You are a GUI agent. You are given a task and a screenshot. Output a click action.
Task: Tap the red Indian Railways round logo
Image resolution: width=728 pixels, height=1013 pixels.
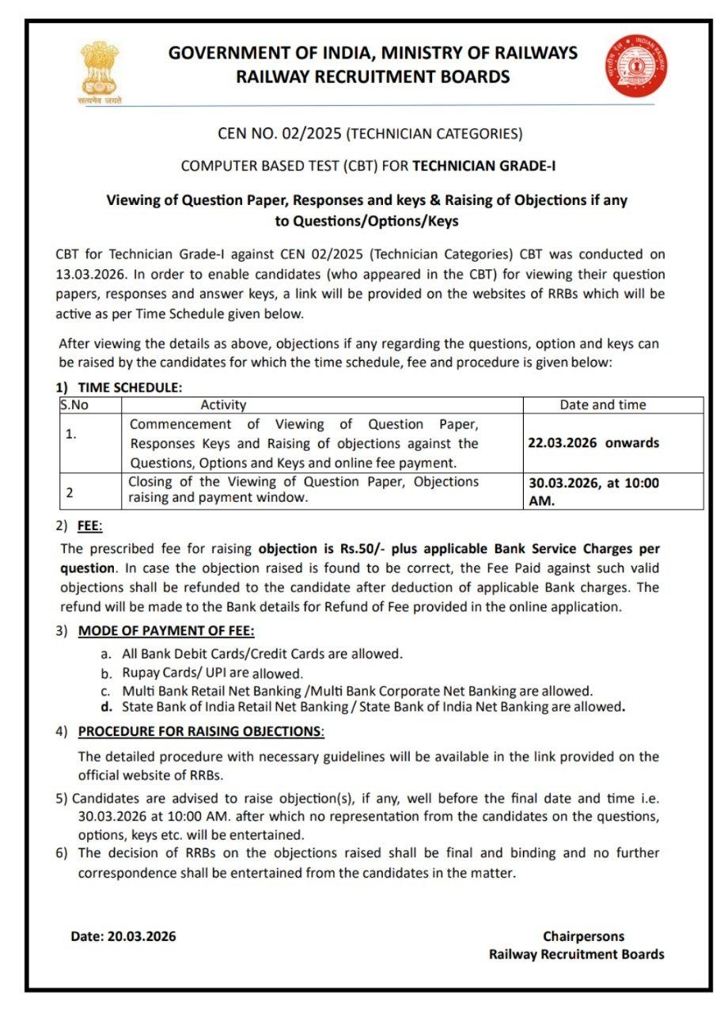[636, 65]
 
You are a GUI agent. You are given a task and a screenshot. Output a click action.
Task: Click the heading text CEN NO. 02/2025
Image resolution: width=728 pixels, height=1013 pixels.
[280, 134]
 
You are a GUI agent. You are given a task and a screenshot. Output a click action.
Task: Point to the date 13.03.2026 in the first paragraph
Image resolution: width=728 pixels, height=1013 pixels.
[87, 274]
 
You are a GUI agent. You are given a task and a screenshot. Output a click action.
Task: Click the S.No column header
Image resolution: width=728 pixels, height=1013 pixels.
[74, 405]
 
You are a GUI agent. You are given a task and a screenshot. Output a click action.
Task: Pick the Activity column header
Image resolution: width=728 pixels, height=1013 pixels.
[223, 405]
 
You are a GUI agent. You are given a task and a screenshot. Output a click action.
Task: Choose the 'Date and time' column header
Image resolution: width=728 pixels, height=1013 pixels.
[602, 405]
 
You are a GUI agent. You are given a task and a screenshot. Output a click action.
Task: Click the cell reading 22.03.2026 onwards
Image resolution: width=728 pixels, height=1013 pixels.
[593, 443]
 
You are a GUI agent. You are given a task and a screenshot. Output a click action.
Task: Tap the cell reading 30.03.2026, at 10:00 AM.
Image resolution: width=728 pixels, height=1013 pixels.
[593, 491]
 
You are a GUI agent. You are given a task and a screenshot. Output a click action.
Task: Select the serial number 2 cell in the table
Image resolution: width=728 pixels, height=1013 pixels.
[70, 492]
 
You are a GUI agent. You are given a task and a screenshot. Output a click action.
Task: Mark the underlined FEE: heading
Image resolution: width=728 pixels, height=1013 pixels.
[90, 526]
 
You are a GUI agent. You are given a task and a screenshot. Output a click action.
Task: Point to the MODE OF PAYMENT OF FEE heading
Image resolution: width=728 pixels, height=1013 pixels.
[166, 631]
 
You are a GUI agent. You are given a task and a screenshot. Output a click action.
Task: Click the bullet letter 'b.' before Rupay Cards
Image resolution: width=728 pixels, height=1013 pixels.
[106, 673]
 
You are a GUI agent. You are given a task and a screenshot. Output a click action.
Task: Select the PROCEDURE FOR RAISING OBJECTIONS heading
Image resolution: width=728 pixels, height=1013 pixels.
[201, 731]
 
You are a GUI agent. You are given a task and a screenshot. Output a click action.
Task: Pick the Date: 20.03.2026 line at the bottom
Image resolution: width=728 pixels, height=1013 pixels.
[123, 936]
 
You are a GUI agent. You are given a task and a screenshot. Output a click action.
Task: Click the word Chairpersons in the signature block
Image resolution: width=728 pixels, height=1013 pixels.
[583, 936]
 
